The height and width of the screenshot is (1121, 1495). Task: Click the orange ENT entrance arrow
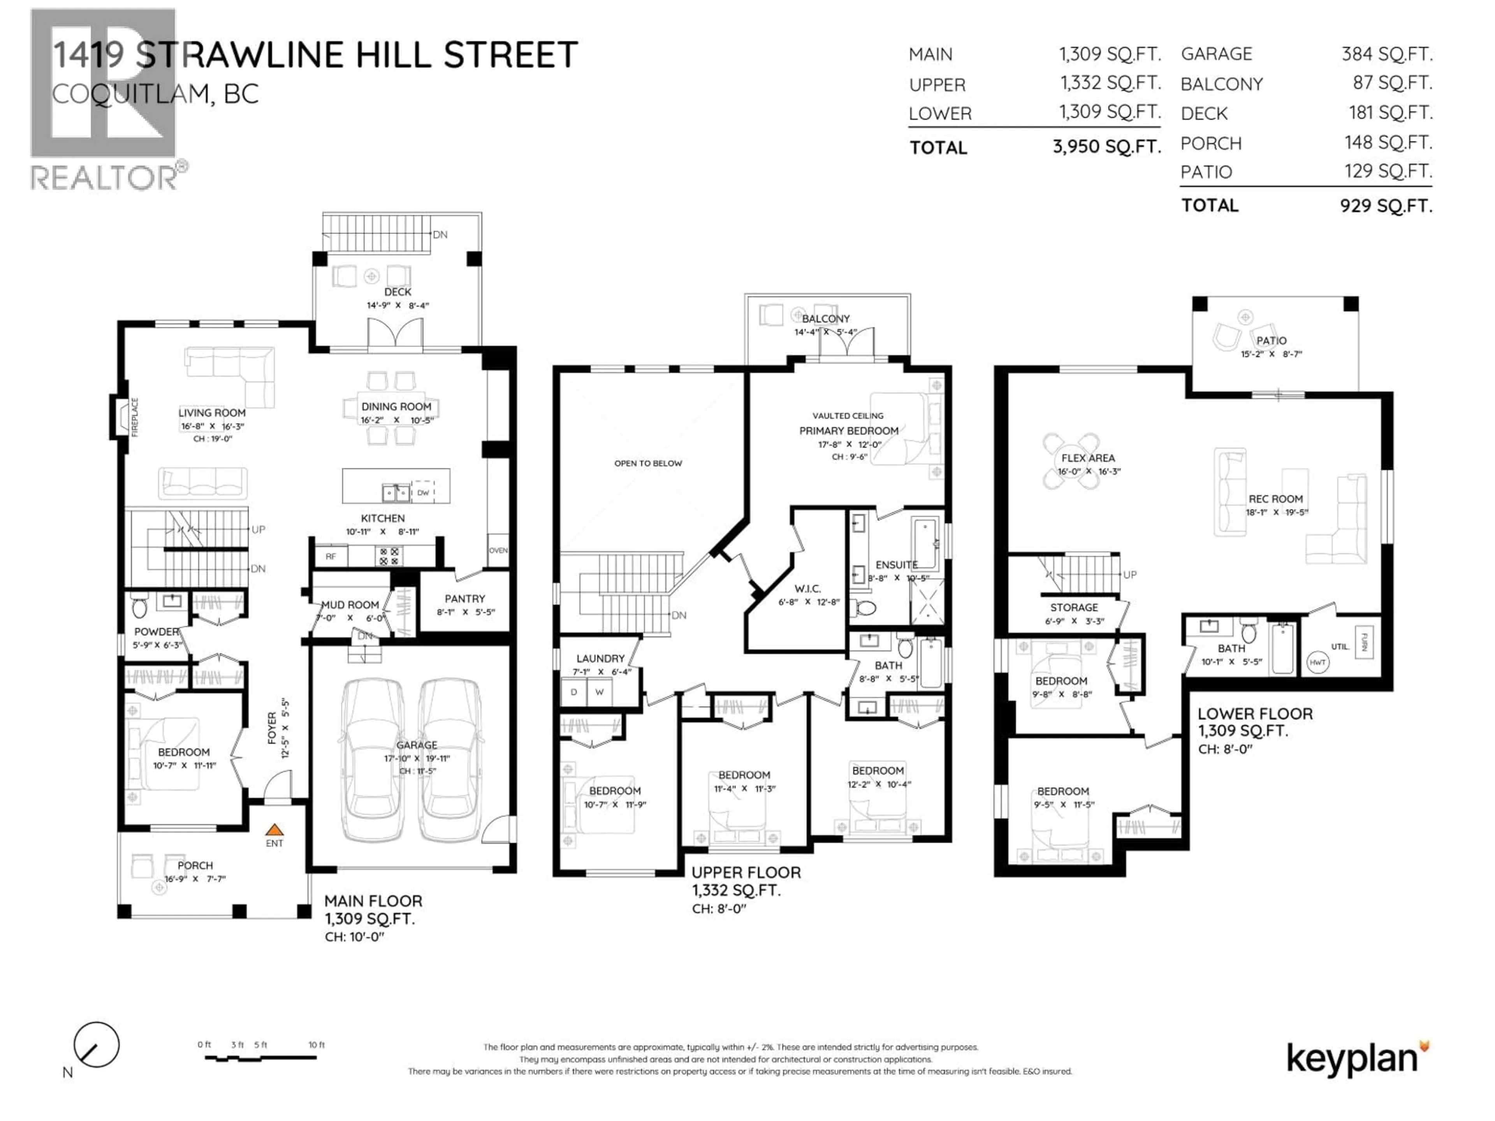(x=274, y=830)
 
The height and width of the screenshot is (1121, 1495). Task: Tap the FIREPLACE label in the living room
(x=134, y=417)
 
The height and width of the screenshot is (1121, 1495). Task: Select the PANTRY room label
(x=465, y=599)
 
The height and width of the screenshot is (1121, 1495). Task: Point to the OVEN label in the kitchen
(x=498, y=551)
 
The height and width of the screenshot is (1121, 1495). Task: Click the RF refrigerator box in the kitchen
(x=331, y=557)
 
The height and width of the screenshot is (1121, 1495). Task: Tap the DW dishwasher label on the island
(x=423, y=493)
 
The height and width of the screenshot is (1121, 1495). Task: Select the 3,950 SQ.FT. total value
(x=1106, y=147)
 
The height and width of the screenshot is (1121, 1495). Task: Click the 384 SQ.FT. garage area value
(x=1387, y=54)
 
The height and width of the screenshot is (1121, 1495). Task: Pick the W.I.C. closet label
(x=808, y=589)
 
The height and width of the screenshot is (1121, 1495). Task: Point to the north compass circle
(x=97, y=1045)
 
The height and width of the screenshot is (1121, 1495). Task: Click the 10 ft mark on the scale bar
(x=316, y=1045)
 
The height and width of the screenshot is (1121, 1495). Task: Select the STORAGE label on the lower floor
(x=1073, y=608)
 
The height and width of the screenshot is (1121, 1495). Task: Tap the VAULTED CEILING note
(x=848, y=416)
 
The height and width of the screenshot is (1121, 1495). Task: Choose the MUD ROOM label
(x=350, y=605)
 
